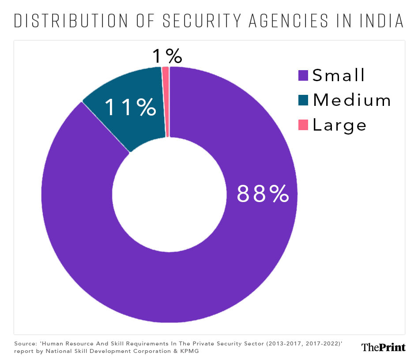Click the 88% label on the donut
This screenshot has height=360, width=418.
point(263,193)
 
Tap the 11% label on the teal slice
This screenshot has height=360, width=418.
point(130,107)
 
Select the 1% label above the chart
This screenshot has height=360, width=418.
point(167,56)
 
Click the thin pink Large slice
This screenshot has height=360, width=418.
point(166,101)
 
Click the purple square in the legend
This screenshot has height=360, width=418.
point(303,75)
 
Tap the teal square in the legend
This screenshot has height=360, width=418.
point(303,100)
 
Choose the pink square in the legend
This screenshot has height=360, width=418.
point(303,125)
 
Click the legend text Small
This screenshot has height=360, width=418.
point(339,75)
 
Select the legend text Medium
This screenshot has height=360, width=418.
point(352,100)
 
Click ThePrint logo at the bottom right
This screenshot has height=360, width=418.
point(383,347)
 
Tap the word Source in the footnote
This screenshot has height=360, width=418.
point(24,343)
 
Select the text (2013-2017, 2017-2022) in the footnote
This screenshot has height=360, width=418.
point(287,343)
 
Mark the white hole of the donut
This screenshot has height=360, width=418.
point(169,195)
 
